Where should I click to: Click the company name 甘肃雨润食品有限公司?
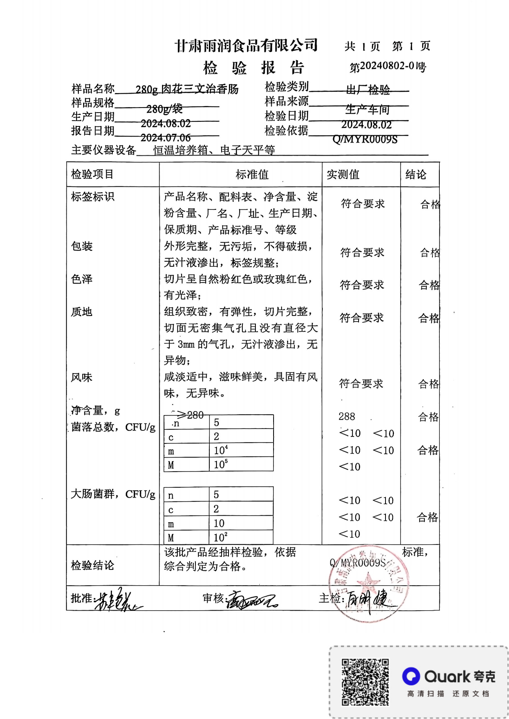(x=246, y=46)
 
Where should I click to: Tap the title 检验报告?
(x=254, y=68)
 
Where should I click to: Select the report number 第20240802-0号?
(x=387, y=66)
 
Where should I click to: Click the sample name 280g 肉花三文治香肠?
(x=187, y=90)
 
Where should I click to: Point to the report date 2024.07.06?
(x=166, y=138)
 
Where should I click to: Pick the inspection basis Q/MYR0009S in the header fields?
(x=365, y=139)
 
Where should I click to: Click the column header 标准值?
(x=252, y=175)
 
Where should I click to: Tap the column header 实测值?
(x=343, y=175)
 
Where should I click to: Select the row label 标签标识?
(x=93, y=197)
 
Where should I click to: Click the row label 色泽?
(x=82, y=279)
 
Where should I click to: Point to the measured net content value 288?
(x=347, y=417)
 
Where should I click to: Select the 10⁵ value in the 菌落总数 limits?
(x=221, y=464)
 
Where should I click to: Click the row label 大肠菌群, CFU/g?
(x=113, y=494)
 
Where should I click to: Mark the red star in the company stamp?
(x=368, y=582)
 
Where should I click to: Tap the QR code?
(x=365, y=682)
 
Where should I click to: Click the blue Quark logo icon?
(x=411, y=676)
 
